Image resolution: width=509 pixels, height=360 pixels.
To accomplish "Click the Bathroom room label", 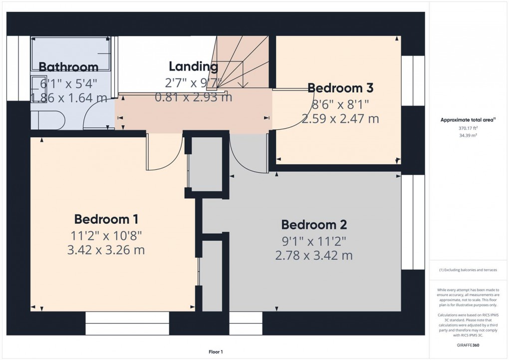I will pyautogui.click(x=68, y=67).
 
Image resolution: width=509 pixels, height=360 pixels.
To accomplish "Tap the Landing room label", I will pyautogui.click(x=193, y=66).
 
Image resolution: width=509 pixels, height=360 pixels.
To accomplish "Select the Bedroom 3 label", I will pyautogui.click(x=340, y=88).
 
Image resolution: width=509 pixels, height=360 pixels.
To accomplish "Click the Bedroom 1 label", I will pyautogui.click(x=106, y=219).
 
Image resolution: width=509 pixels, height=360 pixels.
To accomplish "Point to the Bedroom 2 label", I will pyautogui.click(x=314, y=225).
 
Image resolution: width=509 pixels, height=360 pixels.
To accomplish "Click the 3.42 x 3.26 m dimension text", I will pyautogui.click(x=106, y=250).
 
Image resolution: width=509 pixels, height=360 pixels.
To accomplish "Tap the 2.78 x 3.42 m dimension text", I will pyautogui.click(x=314, y=256).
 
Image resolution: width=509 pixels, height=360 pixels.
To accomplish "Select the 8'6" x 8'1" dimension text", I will pyautogui.click(x=340, y=104).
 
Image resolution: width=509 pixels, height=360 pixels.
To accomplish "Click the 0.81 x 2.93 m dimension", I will pyautogui.click(x=193, y=97).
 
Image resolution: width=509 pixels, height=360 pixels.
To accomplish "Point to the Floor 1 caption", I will pyautogui.click(x=216, y=352).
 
